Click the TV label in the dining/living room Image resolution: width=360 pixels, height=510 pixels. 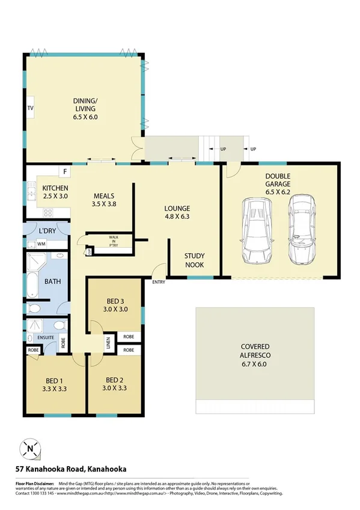pos(30,108)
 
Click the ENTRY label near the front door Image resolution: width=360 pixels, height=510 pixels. pos(159,283)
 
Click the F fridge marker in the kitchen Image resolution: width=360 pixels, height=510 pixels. pos(65,172)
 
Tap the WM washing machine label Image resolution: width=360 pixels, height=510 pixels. pos(41,244)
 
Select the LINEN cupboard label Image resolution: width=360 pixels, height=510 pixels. pos(108,343)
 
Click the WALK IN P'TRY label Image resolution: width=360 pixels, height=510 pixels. pos(114,241)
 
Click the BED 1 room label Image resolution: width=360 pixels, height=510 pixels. pos(54,380)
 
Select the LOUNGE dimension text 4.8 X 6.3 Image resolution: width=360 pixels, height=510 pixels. pos(177,219)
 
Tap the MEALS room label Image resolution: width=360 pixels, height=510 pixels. pos(103,195)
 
